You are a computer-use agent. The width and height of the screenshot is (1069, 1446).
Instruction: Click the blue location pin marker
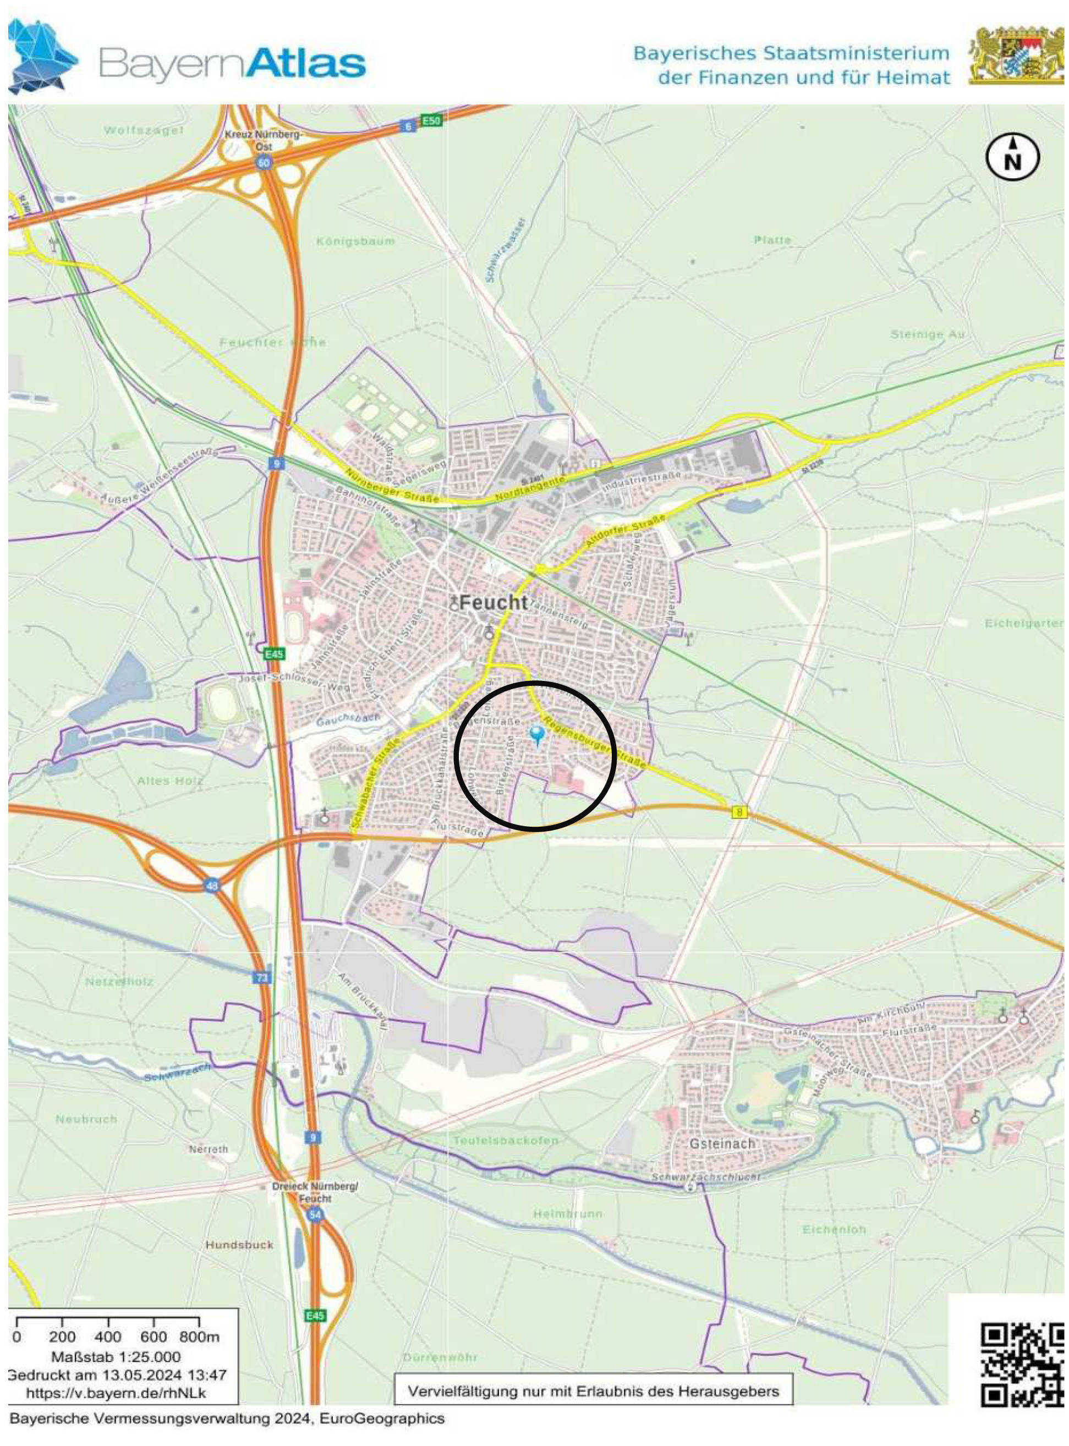(x=536, y=734)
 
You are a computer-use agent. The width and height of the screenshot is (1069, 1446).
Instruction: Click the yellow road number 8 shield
(x=739, y=812)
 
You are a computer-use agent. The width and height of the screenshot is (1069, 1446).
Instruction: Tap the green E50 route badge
(x=430, y=120)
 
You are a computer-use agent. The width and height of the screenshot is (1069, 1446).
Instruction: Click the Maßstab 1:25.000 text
(x=116, y=1356)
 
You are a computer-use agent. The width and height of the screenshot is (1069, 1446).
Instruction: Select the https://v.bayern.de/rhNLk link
(x=116, y=1392)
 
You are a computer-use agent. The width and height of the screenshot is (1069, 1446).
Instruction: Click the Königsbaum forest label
(x=355, y=241)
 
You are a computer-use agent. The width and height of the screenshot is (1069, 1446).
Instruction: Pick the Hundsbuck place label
(x=239, y=1245)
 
